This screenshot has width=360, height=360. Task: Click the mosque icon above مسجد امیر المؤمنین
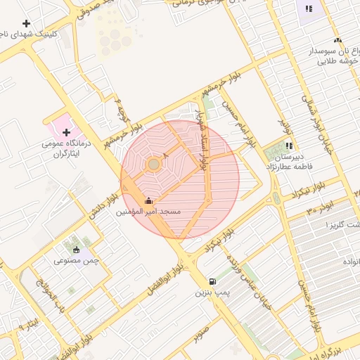(148, 200)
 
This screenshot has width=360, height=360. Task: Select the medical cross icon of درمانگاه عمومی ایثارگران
(66, 132)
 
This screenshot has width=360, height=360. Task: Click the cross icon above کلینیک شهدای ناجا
(27, 24)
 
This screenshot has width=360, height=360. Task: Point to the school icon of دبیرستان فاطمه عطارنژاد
(289, 146)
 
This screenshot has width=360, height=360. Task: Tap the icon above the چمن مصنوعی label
(76, 249)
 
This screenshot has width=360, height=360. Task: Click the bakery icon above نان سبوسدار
(337, 41)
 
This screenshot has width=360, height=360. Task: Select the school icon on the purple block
(308, 9)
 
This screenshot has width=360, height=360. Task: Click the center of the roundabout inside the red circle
(153, 165)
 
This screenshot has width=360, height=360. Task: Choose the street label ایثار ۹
(26, 325)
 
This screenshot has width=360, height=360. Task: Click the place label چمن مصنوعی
(76, 261)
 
